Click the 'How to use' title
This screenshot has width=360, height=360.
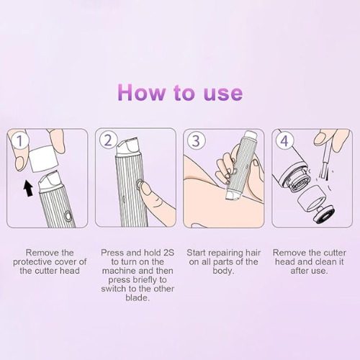pos(180,93)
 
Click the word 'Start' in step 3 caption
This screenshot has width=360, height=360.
pos(199,253)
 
